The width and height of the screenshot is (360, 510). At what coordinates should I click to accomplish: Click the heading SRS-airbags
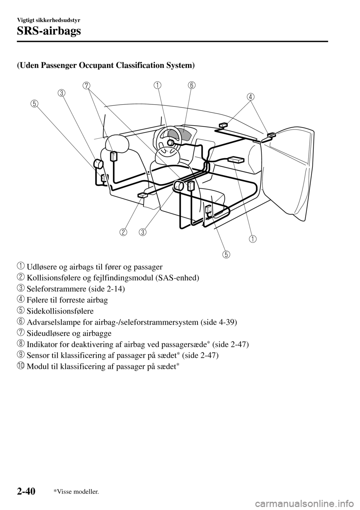49,31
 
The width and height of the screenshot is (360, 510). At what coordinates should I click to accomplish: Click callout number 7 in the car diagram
87,85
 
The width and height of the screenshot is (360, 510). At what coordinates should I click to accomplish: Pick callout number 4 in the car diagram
250,96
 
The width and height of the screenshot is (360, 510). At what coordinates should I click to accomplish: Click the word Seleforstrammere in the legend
51,289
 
